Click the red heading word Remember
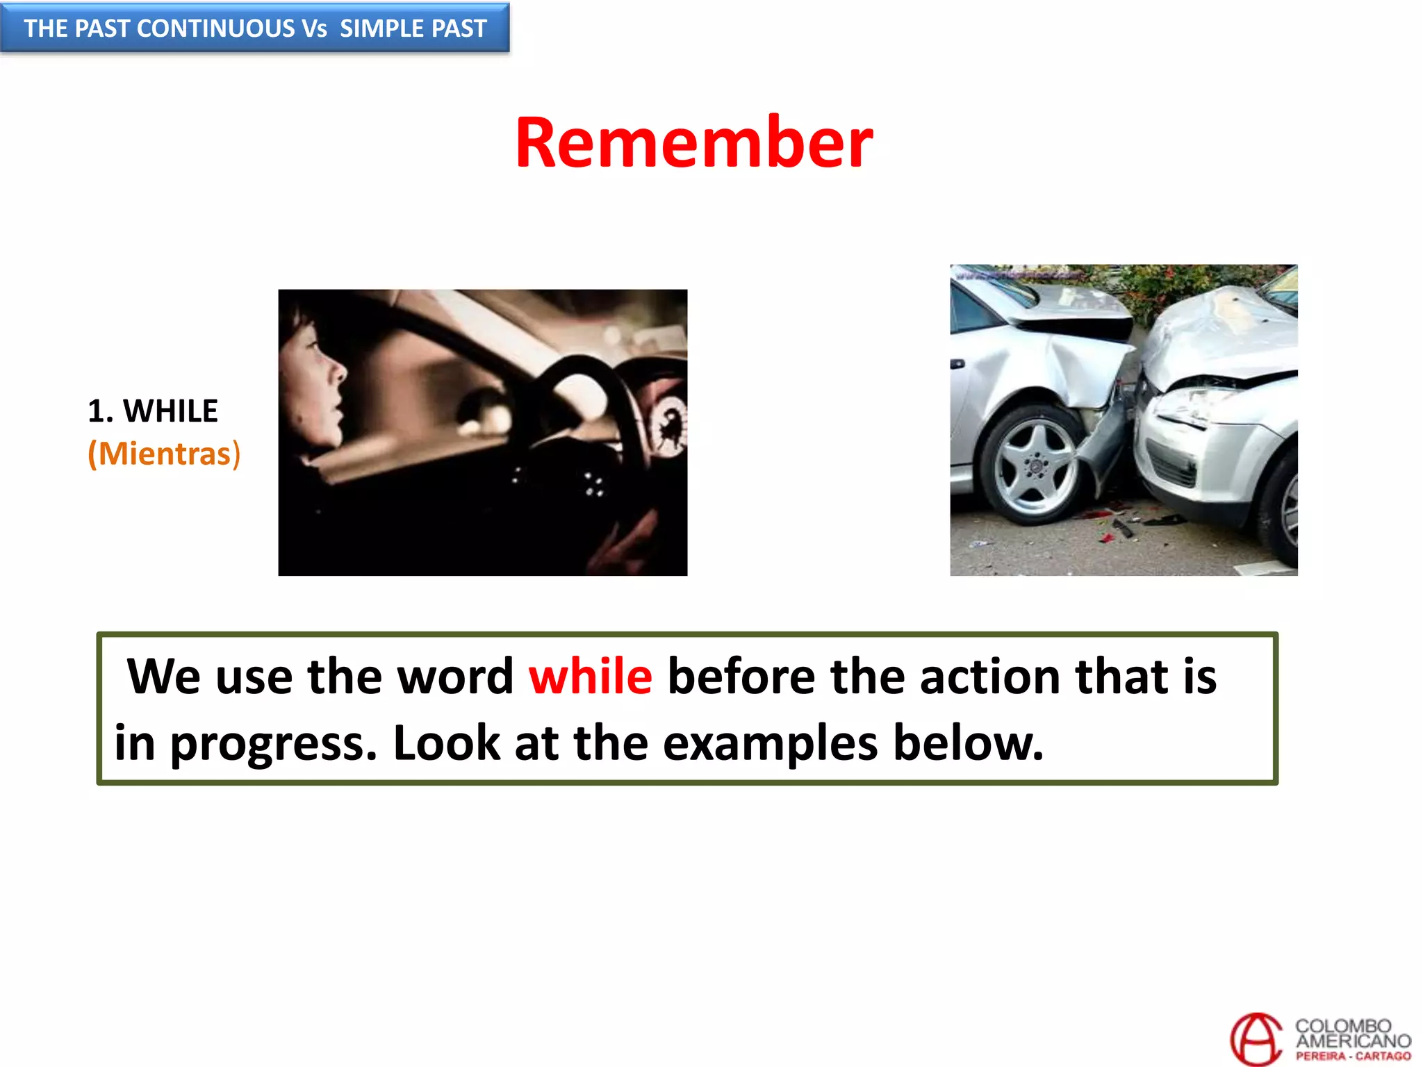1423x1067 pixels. [693, 143]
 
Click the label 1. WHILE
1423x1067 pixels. [153, 411]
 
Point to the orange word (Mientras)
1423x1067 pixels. [164, 454]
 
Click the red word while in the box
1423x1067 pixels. [590, 676]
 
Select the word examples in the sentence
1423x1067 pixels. [770, 743]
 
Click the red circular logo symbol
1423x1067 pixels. [1256, 1039]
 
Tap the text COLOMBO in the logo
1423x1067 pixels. [1342, 1026]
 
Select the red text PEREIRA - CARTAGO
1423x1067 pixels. [1353, 1056]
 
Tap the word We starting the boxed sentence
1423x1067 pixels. [163, 676]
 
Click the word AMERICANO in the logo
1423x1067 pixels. [1353, 1041]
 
